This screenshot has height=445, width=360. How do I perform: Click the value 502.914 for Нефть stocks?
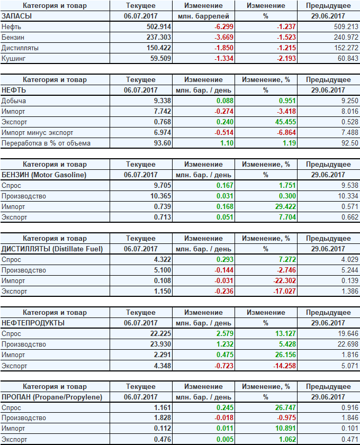(159, 26)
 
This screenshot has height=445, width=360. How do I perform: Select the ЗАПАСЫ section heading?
(17, 16)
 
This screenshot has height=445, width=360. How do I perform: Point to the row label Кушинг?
(14, 58)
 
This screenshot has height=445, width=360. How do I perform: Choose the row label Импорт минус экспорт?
(37, 132)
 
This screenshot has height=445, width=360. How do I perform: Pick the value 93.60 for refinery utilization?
(162, 143)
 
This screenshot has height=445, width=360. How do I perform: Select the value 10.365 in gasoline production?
(160, 196)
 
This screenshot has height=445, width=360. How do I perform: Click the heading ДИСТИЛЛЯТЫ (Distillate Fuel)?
(52, 249)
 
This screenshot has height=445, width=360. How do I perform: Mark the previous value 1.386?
(347, 291)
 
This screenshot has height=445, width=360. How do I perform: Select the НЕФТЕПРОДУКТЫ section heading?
(33, 323)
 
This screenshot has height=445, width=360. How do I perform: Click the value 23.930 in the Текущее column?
(160, 344)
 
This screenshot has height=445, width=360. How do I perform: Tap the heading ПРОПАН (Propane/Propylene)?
(52, 397)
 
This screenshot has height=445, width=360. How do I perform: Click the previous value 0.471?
(347, 439)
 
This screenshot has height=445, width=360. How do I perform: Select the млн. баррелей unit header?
(204, 16)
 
